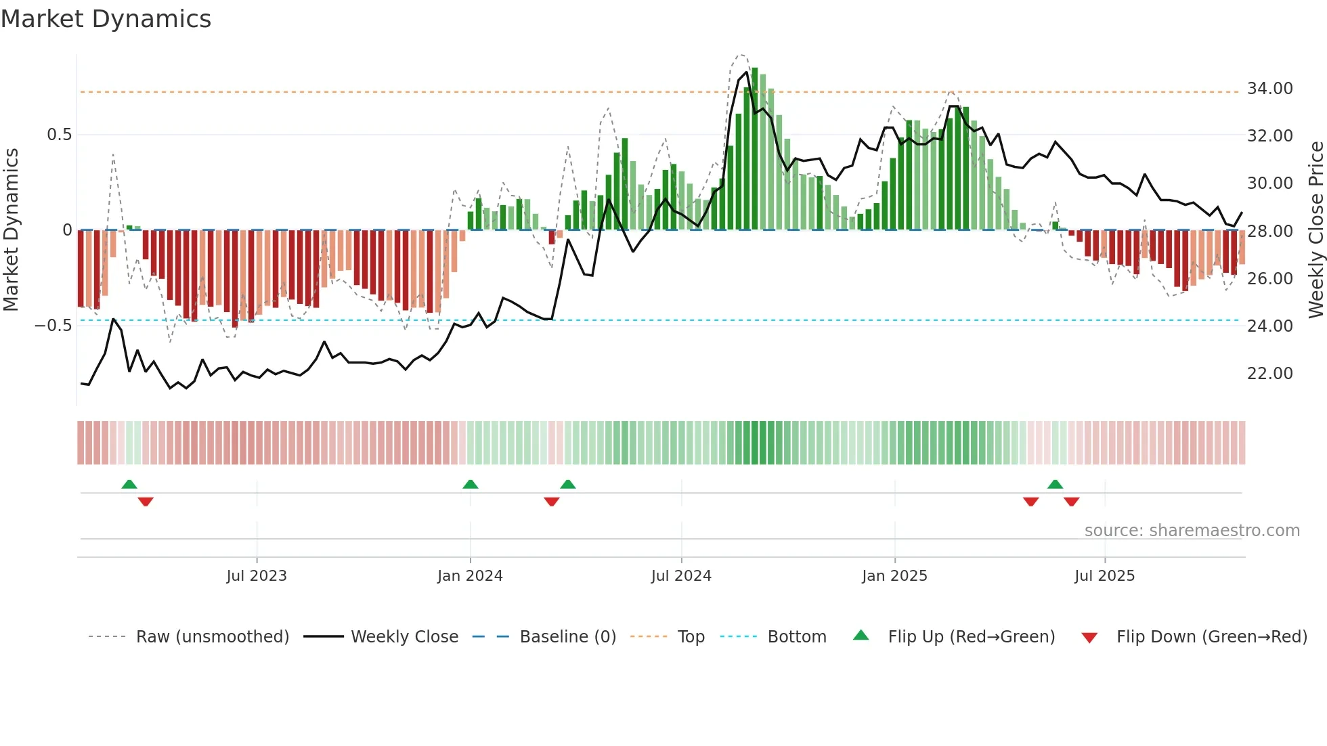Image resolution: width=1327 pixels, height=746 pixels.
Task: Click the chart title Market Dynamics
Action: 106,19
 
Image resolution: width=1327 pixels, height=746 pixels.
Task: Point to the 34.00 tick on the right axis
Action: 1269,89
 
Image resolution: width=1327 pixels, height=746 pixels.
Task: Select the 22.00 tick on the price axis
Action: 1269,374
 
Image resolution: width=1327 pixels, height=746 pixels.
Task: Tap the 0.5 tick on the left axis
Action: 59,135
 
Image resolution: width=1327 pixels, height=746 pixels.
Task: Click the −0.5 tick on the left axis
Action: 53,326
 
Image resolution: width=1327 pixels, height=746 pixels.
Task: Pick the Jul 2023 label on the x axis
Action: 257,576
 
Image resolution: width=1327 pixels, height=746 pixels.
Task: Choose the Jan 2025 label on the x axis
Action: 894,576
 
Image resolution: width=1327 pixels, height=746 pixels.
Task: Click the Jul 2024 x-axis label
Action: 681,576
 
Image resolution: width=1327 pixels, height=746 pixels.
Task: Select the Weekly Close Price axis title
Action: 1315,230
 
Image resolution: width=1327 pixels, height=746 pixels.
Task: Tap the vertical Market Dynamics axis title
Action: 11,230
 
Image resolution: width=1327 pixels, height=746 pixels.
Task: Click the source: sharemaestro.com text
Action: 1192,531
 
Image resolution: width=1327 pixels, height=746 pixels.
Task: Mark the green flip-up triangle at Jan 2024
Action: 471,484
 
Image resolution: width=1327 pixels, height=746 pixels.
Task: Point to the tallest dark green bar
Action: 755,149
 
